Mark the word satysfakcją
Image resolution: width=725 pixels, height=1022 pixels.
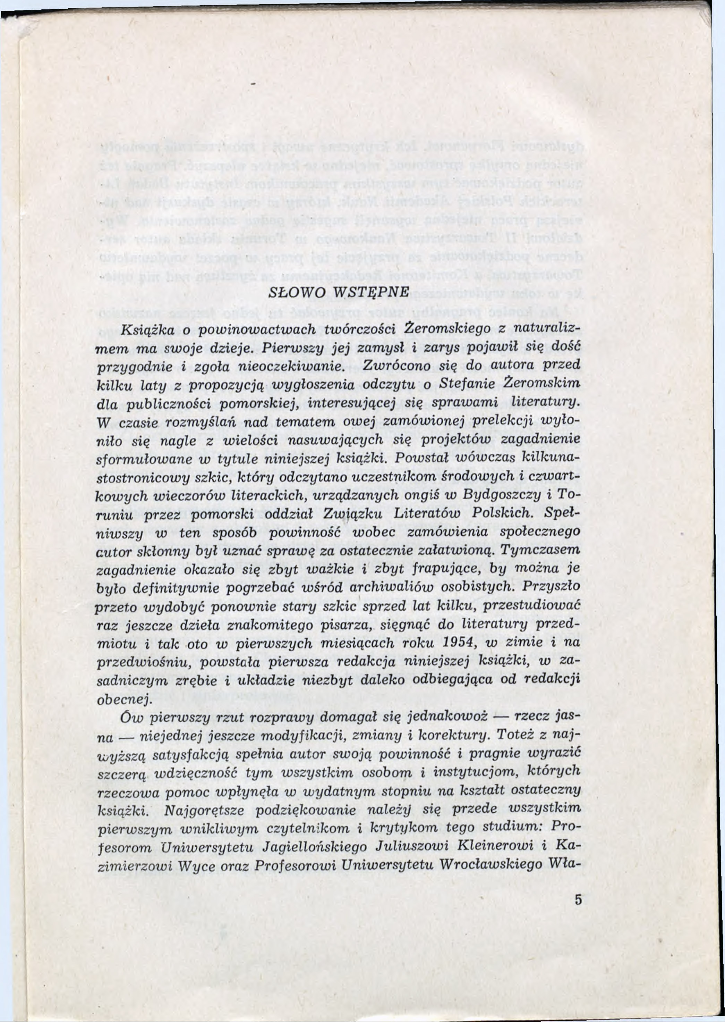point(190,755)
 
